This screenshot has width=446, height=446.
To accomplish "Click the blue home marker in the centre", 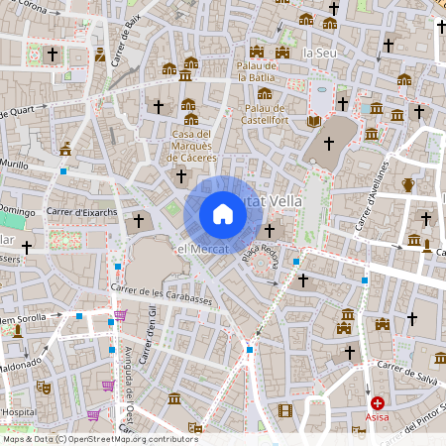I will pos(222,213).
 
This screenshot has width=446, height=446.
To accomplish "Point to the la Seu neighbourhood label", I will pos(320,52).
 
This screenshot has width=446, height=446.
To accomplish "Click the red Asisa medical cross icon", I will pos(378,403).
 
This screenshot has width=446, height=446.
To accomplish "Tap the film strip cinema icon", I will pos(285,410).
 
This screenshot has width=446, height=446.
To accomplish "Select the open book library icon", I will pos(314,121).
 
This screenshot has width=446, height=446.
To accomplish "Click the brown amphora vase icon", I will pos(408,184).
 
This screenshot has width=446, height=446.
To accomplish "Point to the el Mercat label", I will pos(203,250).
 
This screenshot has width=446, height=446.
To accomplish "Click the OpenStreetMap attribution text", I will pos(101,438).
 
